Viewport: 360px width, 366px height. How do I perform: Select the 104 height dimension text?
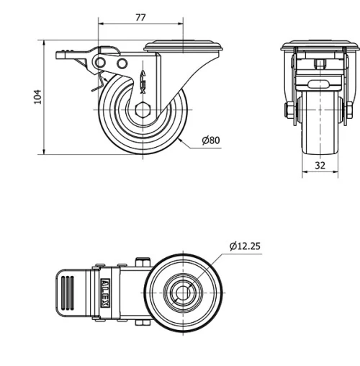coord(38,96)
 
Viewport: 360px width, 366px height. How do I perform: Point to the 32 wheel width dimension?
coord(320,165)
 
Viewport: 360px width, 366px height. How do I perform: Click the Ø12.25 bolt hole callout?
coord(245,246)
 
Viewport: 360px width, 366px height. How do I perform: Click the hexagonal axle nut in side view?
coord(142,112)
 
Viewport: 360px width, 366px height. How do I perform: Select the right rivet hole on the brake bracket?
coord(122,66)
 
